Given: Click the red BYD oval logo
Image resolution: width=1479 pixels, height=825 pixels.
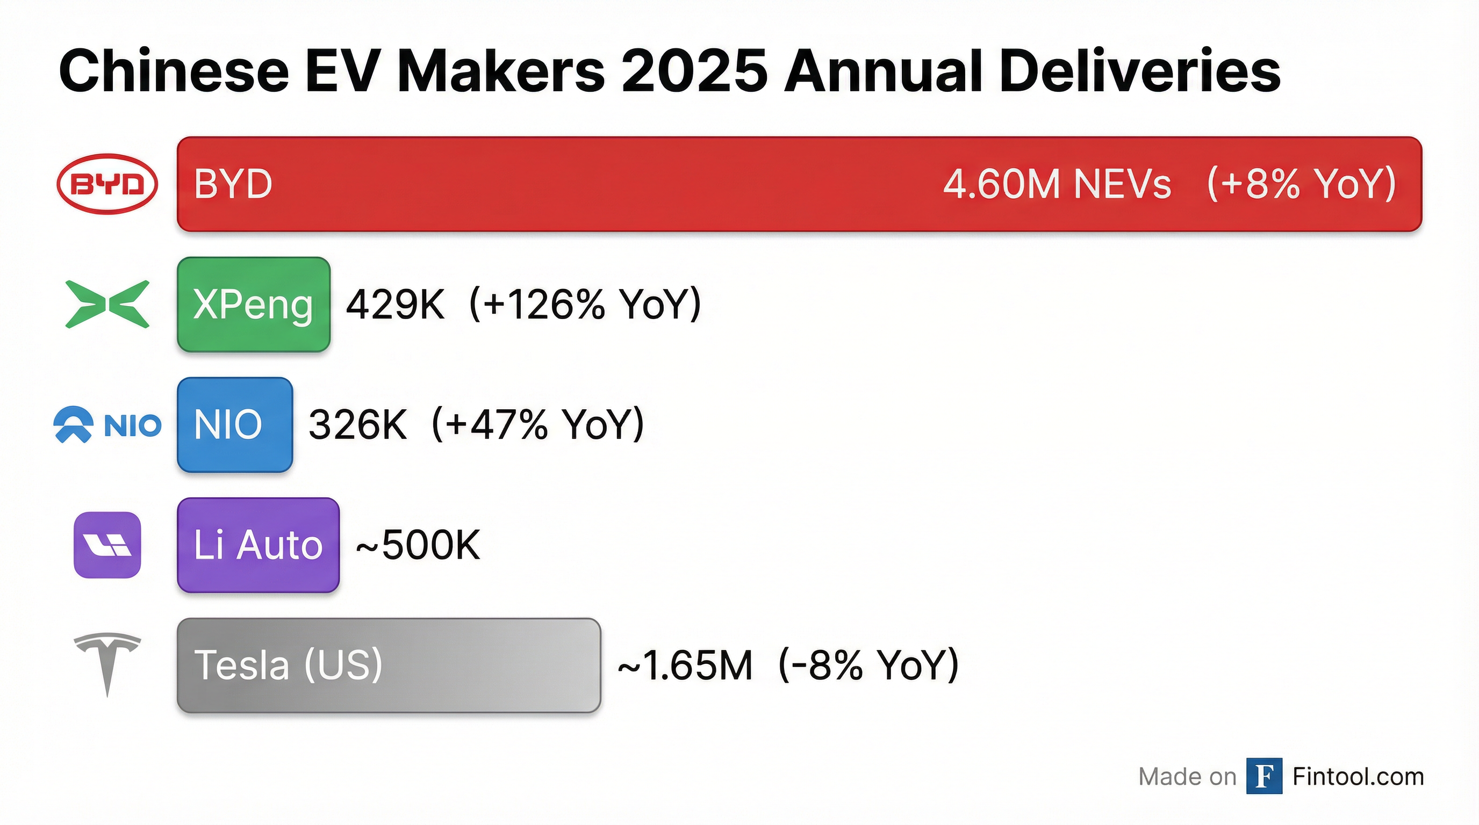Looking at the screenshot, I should coord(107,184).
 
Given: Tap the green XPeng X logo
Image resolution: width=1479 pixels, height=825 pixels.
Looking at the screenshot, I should coord(107,304).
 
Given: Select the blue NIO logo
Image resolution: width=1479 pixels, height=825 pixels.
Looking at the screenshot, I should coord(107,424).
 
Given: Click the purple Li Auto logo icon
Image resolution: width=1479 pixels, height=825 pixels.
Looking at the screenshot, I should coord(107,545).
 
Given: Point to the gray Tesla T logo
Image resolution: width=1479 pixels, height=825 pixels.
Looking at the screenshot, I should coord(107,663).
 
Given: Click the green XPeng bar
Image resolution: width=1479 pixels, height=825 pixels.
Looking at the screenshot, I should coord(253,304).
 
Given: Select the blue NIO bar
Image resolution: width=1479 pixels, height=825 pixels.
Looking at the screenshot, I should coord(234,424).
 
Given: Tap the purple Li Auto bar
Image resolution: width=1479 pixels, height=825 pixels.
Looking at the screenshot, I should coord(258,545).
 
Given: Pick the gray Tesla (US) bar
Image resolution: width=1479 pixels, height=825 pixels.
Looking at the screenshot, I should coord(388,665).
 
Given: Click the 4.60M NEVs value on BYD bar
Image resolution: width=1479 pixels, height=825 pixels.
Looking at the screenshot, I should coord(1057,184).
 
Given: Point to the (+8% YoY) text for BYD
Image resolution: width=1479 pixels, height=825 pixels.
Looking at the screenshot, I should coord(1301,184).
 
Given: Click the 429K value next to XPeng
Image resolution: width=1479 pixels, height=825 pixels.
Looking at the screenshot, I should coord(395,304).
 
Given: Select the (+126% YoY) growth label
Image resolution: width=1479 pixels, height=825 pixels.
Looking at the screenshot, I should coord(585,304).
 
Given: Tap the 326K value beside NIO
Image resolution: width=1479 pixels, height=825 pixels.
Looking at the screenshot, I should coord(357,424).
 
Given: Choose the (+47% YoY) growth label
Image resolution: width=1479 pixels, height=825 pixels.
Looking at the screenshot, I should coord(538,424).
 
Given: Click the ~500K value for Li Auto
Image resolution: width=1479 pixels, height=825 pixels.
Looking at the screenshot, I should coord(418,545).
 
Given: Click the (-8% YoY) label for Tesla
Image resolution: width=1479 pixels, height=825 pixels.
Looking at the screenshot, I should coord(868,665).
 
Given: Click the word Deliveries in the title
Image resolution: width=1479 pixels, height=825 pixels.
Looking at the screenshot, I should coord(1140,70).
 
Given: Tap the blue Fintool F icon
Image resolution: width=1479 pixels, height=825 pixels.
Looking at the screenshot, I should coord(1263,776).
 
